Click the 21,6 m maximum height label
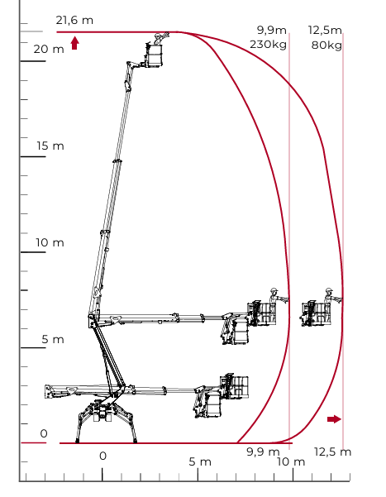point(74,21)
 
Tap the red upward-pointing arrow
point(74,43)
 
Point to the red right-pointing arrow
point(334,419)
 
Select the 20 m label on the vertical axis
point(49,49)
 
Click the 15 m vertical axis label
point(50,146)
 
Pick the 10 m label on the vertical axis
point(50,242)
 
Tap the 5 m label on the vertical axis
point(53,340)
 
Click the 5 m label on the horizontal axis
point(200,461)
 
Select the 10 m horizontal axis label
point(291,461)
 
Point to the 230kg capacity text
point(268,45)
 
